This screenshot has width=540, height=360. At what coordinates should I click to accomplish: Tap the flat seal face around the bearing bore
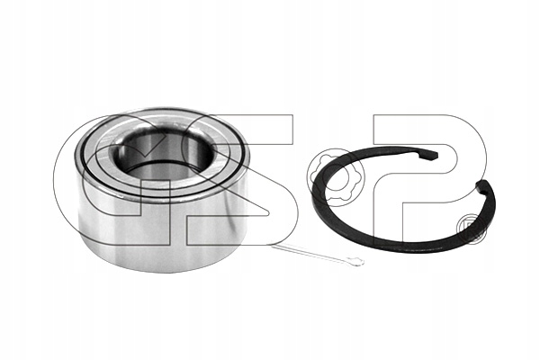tap(162, 184)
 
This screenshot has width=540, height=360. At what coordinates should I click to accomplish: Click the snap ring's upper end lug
tap(429, 154)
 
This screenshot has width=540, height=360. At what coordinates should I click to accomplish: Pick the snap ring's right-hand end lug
tap(481, 187)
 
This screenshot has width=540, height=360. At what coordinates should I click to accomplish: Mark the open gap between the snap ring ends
tap(458, 170)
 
